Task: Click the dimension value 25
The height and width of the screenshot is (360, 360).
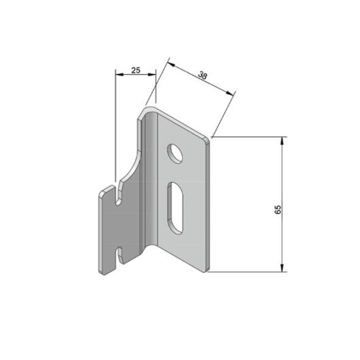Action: tap(136, 70)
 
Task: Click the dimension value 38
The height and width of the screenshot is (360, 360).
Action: tap(202, 76)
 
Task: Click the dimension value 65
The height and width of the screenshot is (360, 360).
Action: tap(278, 210)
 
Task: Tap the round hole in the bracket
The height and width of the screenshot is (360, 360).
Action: tap(175, 154)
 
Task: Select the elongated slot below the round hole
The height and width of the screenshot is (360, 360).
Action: tap(175, 208)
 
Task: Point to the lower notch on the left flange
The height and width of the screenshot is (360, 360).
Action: tap(119, 255)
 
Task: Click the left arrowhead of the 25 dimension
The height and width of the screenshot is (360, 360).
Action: tap(119, 74)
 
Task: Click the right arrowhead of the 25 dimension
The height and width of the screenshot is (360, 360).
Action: tap(152, 74)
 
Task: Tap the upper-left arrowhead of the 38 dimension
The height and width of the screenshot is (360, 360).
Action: tap(171, 65)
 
